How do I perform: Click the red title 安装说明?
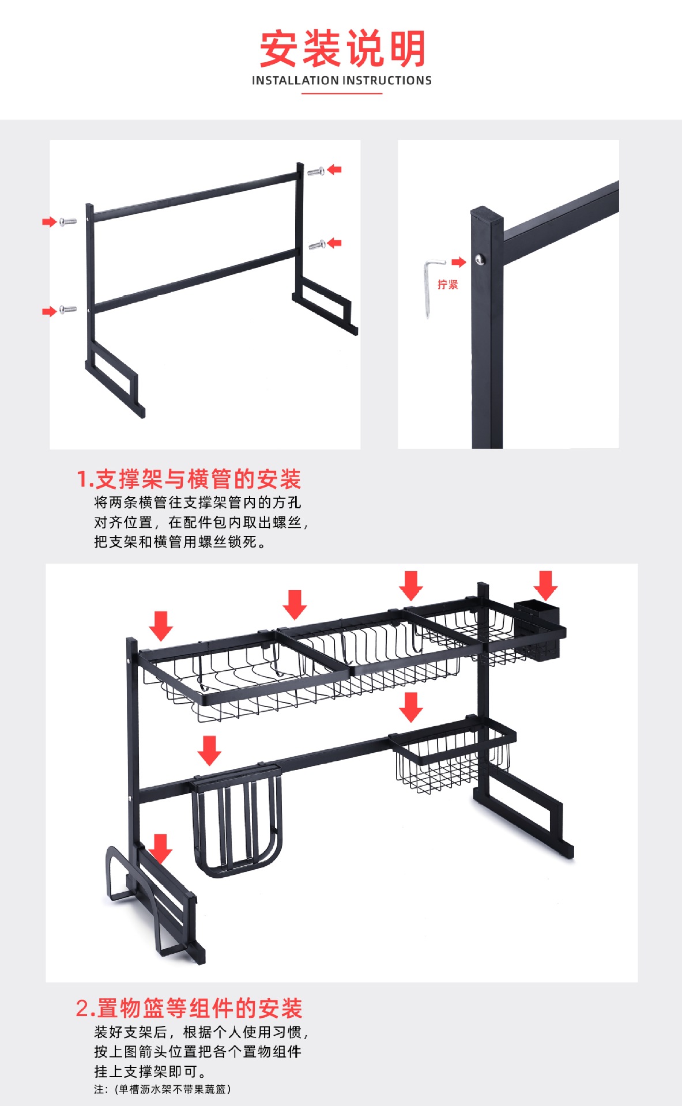(342, 50)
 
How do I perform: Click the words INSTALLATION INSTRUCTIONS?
(341, 81)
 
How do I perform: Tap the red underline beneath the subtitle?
(341, 93)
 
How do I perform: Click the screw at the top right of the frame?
(315, 172)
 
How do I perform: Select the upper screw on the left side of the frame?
(68, 221)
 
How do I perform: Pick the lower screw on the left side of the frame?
(68, 309)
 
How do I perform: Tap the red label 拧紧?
(447, 285)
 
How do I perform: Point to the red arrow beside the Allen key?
(458, 262)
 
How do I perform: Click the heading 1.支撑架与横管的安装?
(189, 479)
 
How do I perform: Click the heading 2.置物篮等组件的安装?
(189, 1009)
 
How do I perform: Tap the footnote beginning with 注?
(163, 1089)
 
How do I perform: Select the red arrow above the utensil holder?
(545, 585)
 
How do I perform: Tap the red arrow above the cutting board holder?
(209, 750)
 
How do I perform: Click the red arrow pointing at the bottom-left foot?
(160, 848)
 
